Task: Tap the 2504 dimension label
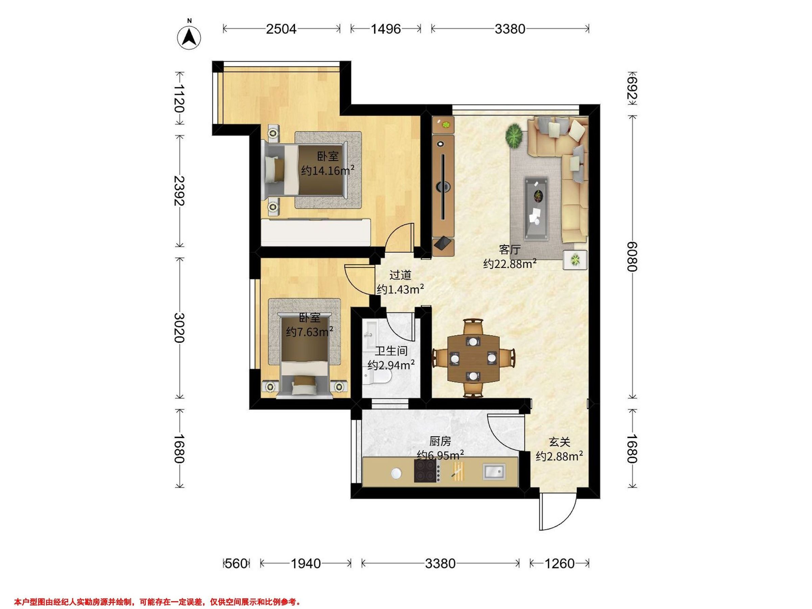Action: click(x=281, y=29)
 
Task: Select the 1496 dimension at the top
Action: click(x=385, y=29)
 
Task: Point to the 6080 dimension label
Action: click(x=632, y=256)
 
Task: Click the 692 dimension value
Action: click(x=632, y=88)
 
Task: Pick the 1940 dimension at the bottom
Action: click(x=306, y=563)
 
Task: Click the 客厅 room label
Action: click(x=510, y=250)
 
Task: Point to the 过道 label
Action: click(x=400, y=275)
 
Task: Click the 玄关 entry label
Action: click(x=560, y=442)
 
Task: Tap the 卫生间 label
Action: click(x=391, y=351)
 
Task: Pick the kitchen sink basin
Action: click(x=494, y=472)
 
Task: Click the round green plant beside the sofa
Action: click(x=514, y=136)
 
